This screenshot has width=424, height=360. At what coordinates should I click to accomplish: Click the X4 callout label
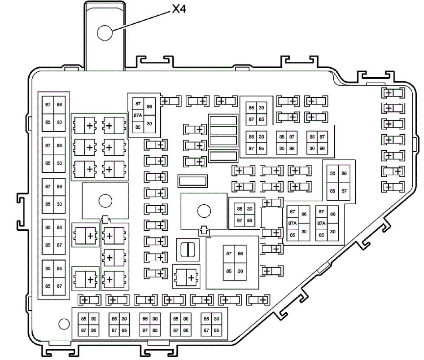tap(179, 9)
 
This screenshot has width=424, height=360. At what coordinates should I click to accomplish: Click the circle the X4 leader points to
tap(105, 32)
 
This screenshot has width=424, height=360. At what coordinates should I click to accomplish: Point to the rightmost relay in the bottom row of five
tap(211, 325)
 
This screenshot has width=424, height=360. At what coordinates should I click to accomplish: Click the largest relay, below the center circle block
tap(234, 262)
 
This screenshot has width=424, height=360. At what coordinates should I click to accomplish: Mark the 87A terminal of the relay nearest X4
tap(138, 115)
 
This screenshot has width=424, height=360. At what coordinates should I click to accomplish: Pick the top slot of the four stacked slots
tap(223, 120)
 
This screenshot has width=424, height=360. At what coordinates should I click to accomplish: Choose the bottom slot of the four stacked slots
tap(223, 156)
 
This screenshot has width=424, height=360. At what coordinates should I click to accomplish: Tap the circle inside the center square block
tap(203, 210)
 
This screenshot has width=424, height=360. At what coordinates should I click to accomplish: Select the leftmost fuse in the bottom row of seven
tap(88, 300)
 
